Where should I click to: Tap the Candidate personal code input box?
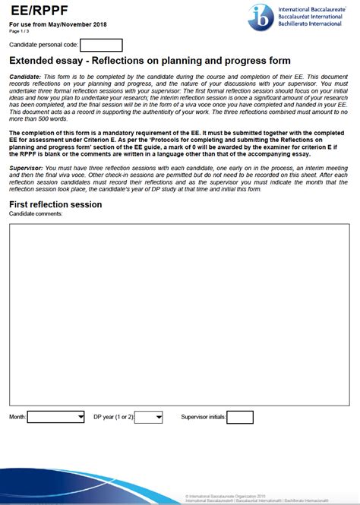coord(100,46)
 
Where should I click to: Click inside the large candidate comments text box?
coord(179,311)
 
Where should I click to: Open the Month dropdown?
coord(55,417)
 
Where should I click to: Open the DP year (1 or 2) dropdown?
coord(148,417)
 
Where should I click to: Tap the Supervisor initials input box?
coord(240,417)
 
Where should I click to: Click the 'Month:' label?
coord(17,417)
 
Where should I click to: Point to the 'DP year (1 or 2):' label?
coord(113,417)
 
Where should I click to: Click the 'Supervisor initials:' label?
coord(203,417)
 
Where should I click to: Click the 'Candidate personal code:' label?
coord(43,46)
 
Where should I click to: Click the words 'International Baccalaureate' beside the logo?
coord(308,7)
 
